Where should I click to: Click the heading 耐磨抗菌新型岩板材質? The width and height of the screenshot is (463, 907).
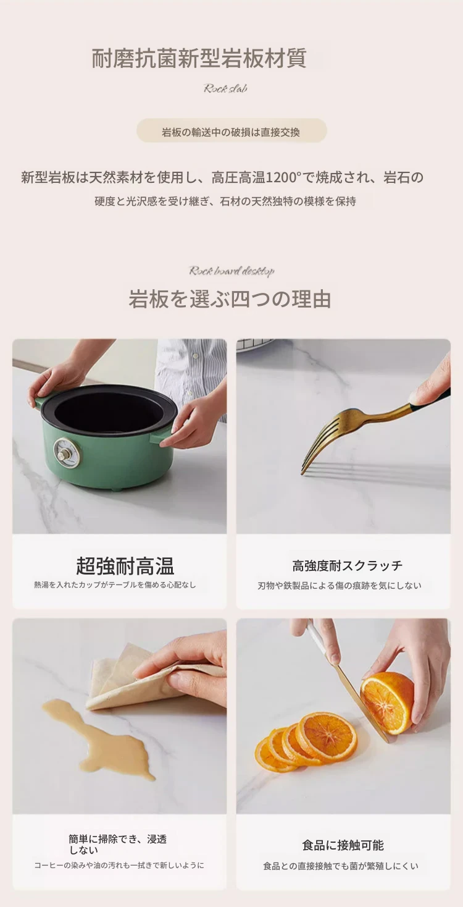(199, 58)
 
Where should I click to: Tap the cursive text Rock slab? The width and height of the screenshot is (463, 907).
(225, 88)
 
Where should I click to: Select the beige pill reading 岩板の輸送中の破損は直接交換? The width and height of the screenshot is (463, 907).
(231, 130)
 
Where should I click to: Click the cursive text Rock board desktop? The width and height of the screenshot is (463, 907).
(231, 271)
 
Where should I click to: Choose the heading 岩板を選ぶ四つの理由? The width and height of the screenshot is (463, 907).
(230, 299)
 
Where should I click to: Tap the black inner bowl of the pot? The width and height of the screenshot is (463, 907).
(109, 411)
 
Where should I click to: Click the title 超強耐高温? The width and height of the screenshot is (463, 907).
(125, 566)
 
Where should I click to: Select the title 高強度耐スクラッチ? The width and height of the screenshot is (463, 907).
(347, 565)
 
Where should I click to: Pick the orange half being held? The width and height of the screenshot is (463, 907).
(387, 702)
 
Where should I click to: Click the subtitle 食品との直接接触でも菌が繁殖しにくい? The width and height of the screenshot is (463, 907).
(340, 866)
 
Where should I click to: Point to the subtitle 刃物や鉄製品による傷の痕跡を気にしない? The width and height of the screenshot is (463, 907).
(340, 586)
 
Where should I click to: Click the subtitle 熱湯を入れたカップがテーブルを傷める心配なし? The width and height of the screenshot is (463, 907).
(115, 584)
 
